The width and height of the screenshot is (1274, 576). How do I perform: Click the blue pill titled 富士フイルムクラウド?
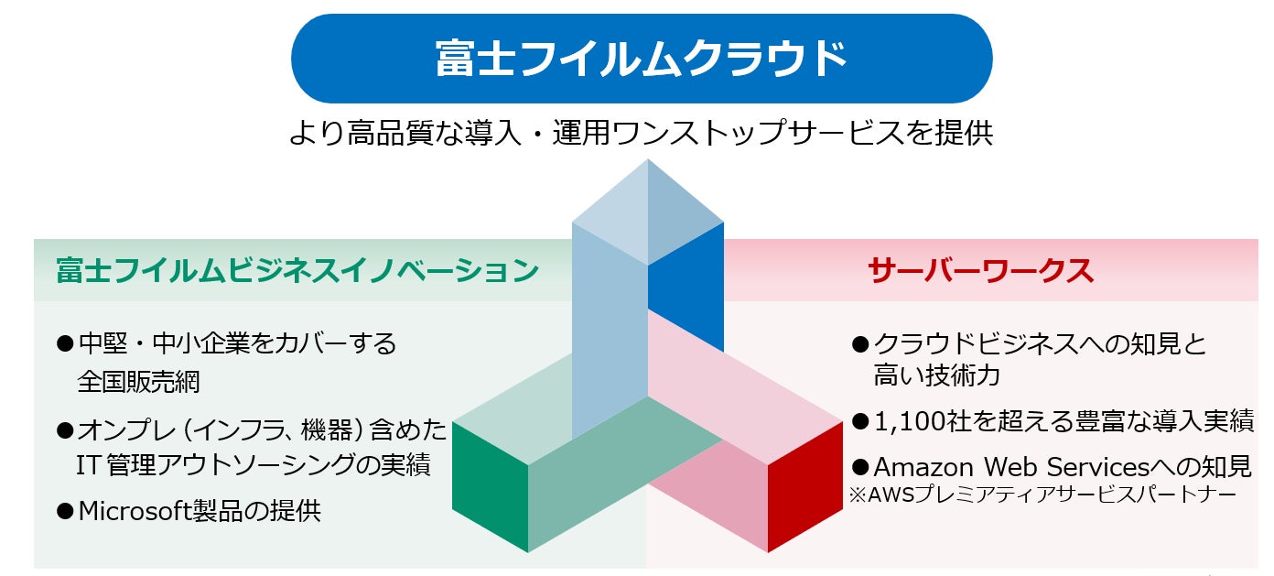(641, 59)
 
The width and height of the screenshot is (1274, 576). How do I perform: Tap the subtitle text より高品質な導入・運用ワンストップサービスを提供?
(641, 134)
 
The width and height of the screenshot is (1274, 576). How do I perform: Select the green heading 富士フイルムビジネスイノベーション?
(297, 270)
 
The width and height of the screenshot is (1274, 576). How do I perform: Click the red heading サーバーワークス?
(980, 270)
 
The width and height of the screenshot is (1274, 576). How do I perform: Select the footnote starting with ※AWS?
(1042, 494)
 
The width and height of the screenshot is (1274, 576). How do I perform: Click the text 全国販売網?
(138, 381)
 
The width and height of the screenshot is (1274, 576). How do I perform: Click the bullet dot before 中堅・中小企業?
(64, 344)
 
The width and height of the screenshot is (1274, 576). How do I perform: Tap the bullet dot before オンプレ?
(64, 429)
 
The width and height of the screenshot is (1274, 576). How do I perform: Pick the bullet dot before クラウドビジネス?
(859, 344)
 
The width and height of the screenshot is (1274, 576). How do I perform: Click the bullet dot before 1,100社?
(859, 421)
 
